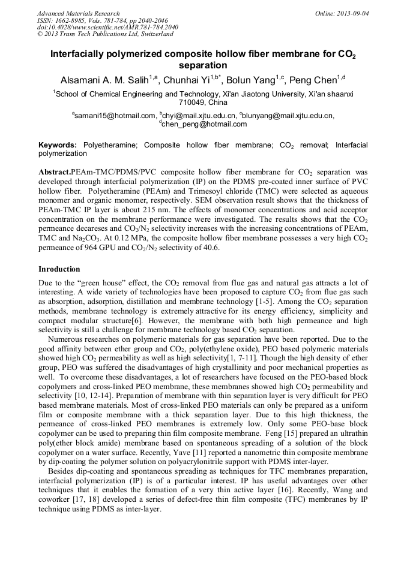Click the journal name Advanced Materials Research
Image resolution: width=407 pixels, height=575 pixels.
[78, 13]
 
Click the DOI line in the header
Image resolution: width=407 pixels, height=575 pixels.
[107, 28]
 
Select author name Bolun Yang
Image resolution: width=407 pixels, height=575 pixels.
[254, 80]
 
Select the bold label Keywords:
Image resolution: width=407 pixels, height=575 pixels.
[58, 145]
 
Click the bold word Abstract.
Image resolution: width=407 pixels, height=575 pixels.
[53, 171]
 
